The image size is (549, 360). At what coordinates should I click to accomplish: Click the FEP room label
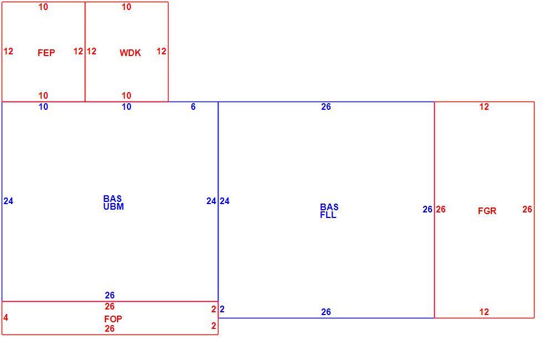point(46,53)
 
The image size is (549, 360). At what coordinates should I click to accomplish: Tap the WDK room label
point(130,53)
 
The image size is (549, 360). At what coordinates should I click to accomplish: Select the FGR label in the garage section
point(487,211)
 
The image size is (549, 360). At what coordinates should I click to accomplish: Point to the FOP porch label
point(113,319)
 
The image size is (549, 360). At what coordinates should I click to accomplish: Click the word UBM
point(114,206)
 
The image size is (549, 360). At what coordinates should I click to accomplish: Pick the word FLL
point(328,215)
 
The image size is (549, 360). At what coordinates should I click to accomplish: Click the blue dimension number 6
point(194,107)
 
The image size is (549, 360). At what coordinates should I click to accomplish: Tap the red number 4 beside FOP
point(6,318)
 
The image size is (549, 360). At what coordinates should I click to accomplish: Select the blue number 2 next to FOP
point(222,309)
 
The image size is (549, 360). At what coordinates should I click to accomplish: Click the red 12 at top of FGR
point(484,107)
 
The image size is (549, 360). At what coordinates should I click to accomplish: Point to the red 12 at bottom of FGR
point(484,312)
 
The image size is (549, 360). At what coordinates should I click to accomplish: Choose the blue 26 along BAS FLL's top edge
point(326,107)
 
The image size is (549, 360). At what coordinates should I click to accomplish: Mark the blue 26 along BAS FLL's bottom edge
point(326,312)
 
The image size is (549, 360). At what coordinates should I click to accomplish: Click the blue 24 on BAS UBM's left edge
point(8,201)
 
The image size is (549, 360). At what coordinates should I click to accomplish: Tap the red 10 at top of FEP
point(43,7)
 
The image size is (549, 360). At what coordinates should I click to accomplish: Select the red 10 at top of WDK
point(126,7)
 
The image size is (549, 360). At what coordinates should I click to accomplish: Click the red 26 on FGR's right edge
point(527,210)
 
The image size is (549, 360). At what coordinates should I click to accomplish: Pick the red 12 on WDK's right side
point(161,52)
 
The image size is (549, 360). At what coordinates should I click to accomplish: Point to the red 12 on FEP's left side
point(8,52)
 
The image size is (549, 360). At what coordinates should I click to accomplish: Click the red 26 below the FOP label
point(110,328)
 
